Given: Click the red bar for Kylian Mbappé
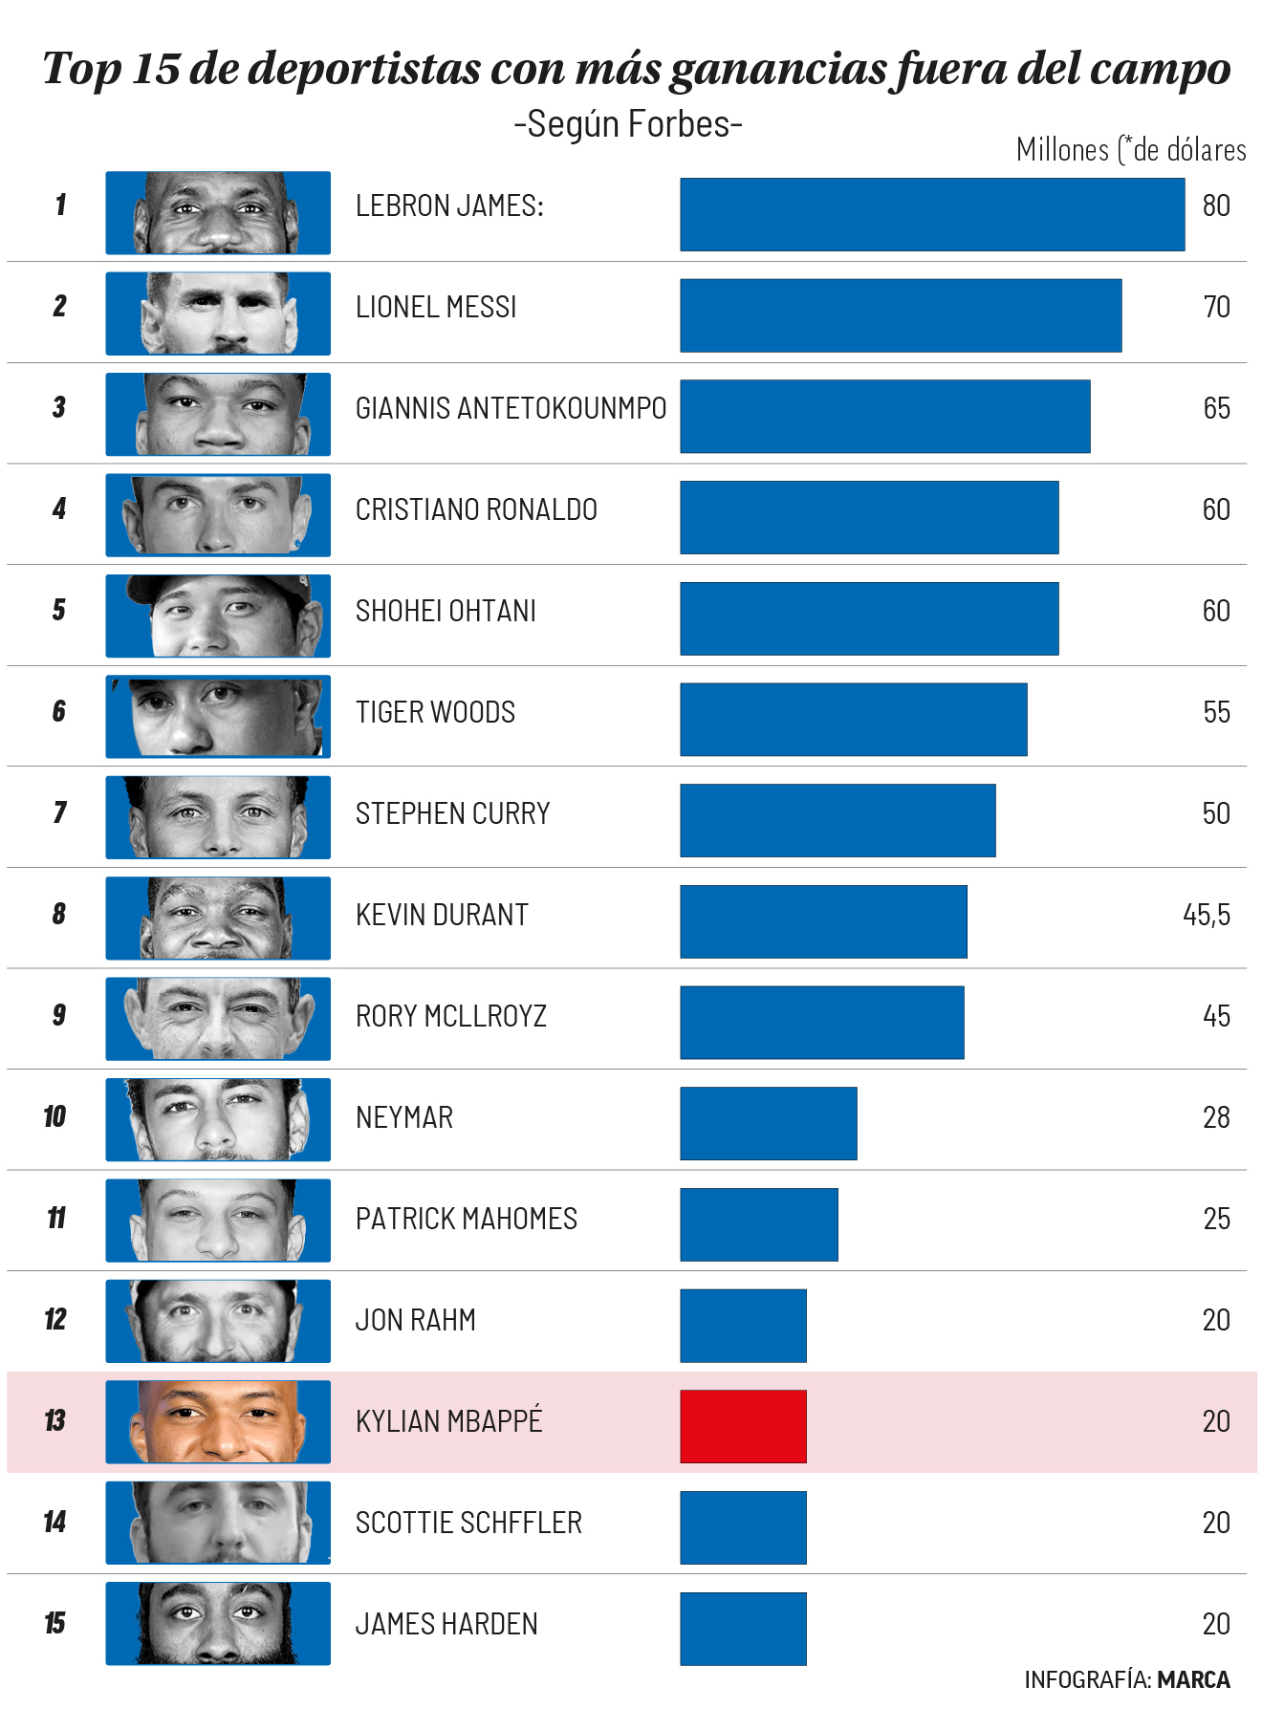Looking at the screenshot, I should point(743,1426).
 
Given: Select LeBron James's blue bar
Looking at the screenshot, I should point(932,214).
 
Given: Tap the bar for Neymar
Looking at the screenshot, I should point(768,1123).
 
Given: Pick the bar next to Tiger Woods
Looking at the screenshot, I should point(853,719).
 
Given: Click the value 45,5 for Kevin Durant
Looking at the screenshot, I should point(1206,915).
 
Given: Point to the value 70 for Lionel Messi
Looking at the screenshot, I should point(1216,307).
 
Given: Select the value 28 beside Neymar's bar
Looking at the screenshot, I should point(1216,1117).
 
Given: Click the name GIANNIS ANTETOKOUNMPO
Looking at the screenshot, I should point(511,408).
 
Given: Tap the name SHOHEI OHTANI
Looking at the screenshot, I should point(446,611).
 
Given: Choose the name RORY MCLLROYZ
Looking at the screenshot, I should point(450,1016).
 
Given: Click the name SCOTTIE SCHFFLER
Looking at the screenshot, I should point(468,1523).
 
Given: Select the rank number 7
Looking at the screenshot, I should point(59,812).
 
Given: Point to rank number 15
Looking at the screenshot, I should point(55,1623).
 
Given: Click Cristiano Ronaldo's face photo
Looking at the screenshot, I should point(218,515).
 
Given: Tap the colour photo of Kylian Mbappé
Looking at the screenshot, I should point(218,1421).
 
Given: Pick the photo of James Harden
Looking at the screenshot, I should point(218,1623).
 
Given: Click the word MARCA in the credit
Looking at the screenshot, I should point(1193,1679).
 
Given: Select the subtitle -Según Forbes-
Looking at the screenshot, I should point(628,124).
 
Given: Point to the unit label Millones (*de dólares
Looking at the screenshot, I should point(1130,150).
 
